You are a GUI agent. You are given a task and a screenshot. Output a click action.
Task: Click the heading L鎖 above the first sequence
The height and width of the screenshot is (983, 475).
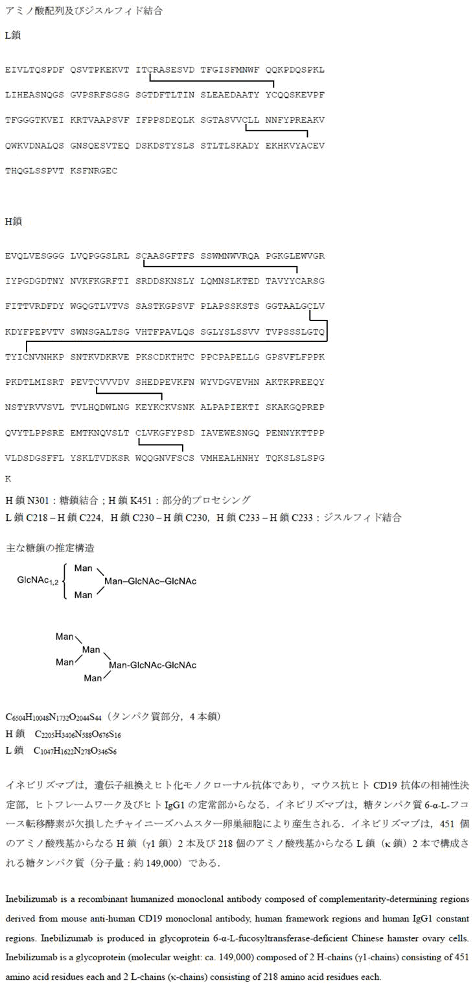click(13, 35)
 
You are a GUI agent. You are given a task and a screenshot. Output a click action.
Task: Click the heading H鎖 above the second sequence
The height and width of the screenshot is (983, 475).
click(14, 221)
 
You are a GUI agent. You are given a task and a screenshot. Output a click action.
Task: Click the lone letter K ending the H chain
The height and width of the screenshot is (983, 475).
click(8, 479)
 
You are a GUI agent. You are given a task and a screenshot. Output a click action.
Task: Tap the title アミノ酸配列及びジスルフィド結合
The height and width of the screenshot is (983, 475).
click(84, 11)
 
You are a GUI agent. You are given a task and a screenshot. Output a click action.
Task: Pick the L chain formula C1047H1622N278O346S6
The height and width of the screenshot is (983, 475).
click(75, 751)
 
